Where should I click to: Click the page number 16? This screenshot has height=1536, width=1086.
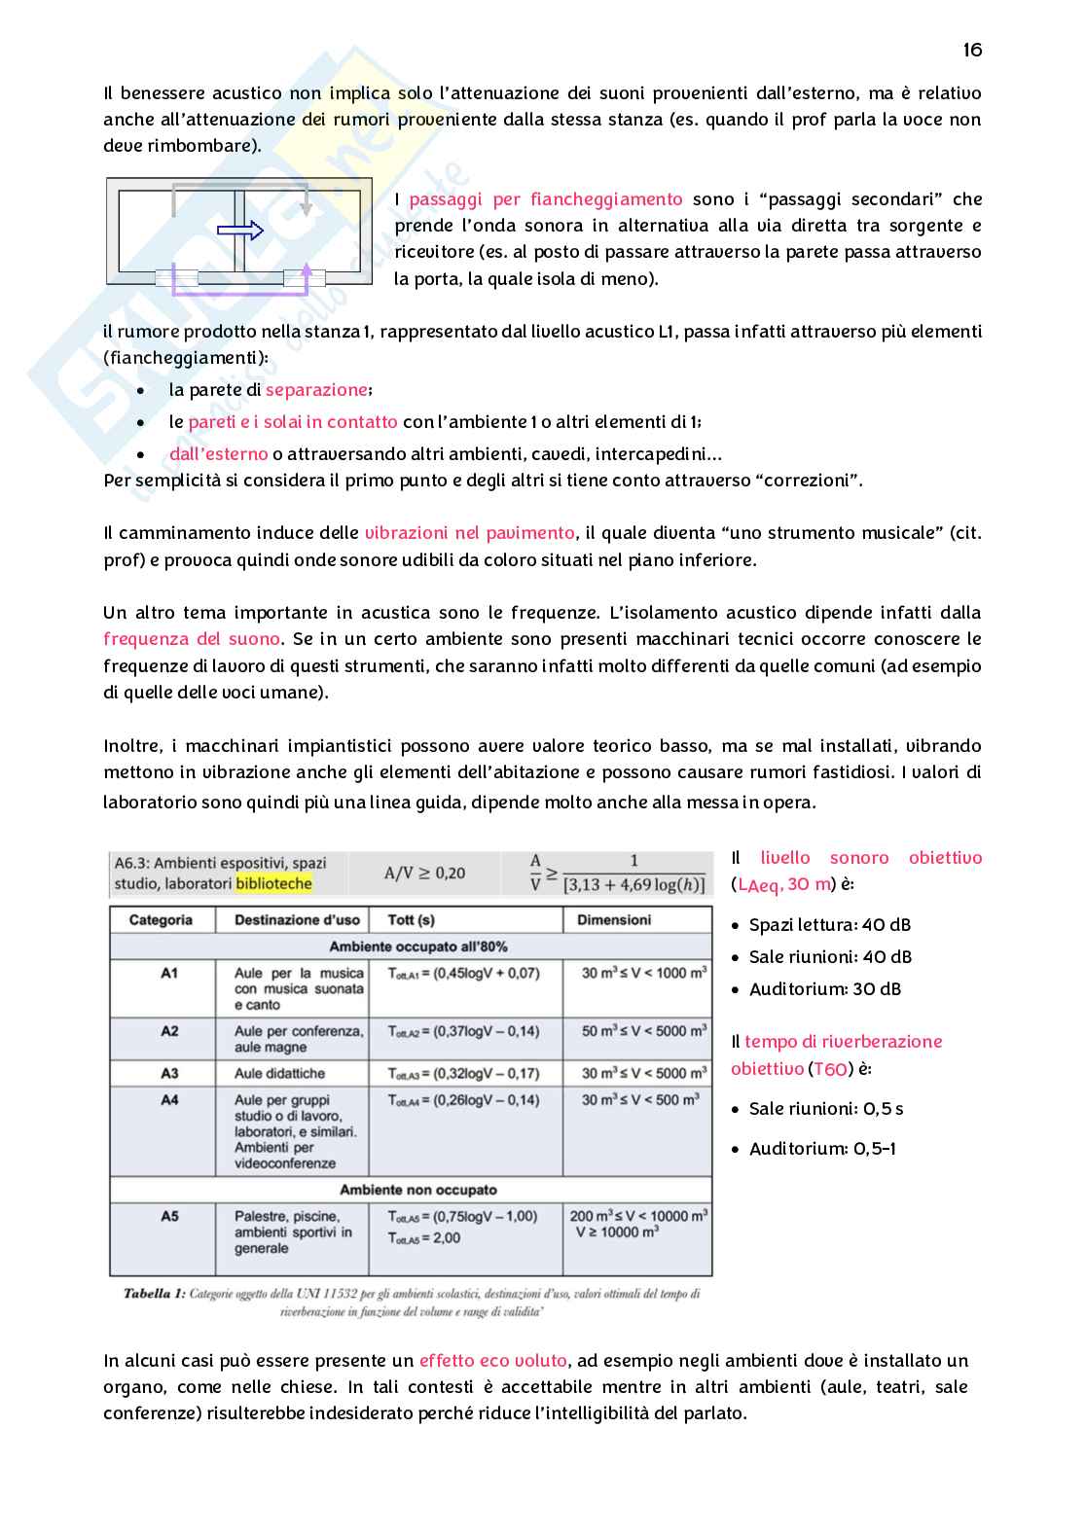(x=972, y=50)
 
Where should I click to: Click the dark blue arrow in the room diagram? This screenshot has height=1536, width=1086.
(x=239, y=231)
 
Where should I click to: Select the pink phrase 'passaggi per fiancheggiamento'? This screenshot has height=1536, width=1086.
(x=545, y=199)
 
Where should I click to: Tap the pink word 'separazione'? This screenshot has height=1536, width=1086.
(x=316, y=390)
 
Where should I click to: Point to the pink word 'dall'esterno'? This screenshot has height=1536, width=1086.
(x=218, y=454)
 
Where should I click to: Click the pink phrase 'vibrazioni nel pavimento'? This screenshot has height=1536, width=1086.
(x=469, y=533)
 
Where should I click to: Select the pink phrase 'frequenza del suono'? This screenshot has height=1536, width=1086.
(x=192, y=639)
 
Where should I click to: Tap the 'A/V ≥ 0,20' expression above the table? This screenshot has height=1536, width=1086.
(x=424, y=873)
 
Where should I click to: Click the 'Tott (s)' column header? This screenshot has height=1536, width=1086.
(x=411, y=919)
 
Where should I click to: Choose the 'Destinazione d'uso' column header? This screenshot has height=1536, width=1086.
(x=297, y=919)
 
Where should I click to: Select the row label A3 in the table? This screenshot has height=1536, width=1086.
(x=169, y=1073)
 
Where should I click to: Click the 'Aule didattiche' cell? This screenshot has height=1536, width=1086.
(x=279, y=1073)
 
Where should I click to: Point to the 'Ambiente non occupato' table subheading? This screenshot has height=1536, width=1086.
(x=417, y=1190)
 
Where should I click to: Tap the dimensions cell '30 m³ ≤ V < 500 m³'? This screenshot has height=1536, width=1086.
(x=639, y=1100)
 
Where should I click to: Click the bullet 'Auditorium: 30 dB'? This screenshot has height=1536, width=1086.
(x=824, y=989)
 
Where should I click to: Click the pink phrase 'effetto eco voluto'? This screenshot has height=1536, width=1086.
(x=493, y=1361)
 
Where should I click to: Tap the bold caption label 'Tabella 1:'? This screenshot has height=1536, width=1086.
(x=154, y=1294)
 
